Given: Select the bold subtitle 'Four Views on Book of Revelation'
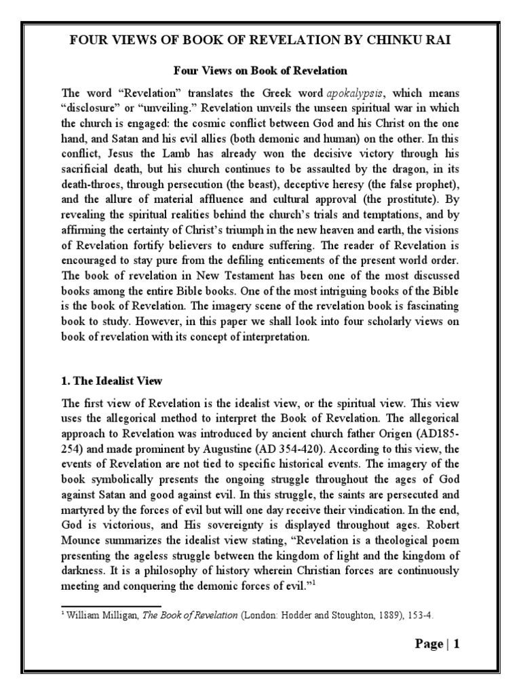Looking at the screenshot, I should pyautogui.click(x=260, y=70).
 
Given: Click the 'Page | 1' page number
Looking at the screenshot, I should pyautogui.click(x=438, y=644).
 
